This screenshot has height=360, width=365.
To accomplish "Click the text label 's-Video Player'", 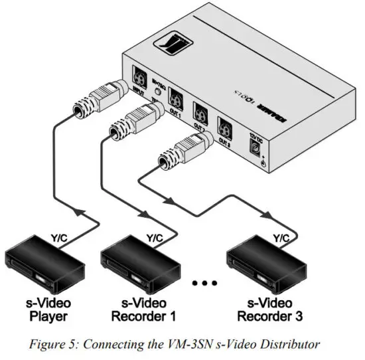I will click(50, 310).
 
